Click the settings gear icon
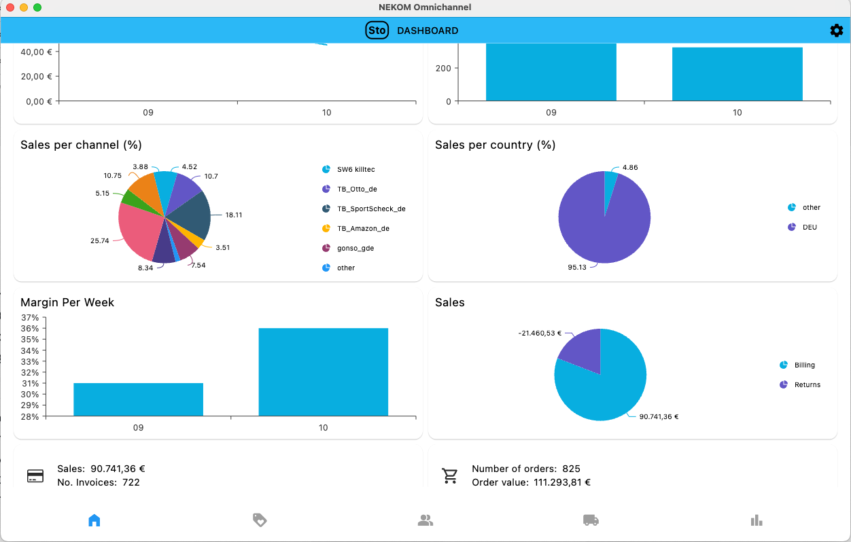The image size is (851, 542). (836, 31)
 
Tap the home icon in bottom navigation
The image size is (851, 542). (94, 520)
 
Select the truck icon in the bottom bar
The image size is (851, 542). (591, 520)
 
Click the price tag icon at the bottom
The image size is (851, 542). (260, 520)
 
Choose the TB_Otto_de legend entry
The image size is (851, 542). (356, 189)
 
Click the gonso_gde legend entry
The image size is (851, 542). (355, 248)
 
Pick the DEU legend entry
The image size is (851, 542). (809, 227)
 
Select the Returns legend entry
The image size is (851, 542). (807, 384)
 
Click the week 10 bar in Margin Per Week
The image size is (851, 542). (323, 372)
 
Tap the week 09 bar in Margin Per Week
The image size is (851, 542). (138, 399)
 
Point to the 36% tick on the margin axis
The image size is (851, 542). (30, 329)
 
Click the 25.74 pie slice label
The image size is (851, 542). (99, 241)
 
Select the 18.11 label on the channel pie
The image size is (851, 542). (234, 215)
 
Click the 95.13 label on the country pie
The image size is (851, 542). (576, 268)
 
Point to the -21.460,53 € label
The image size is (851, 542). (540, 333)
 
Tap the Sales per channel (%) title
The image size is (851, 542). (81, 145)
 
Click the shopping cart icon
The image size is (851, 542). (450, 475)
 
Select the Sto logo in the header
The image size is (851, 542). (377, 31)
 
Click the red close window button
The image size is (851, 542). (10, 7)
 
